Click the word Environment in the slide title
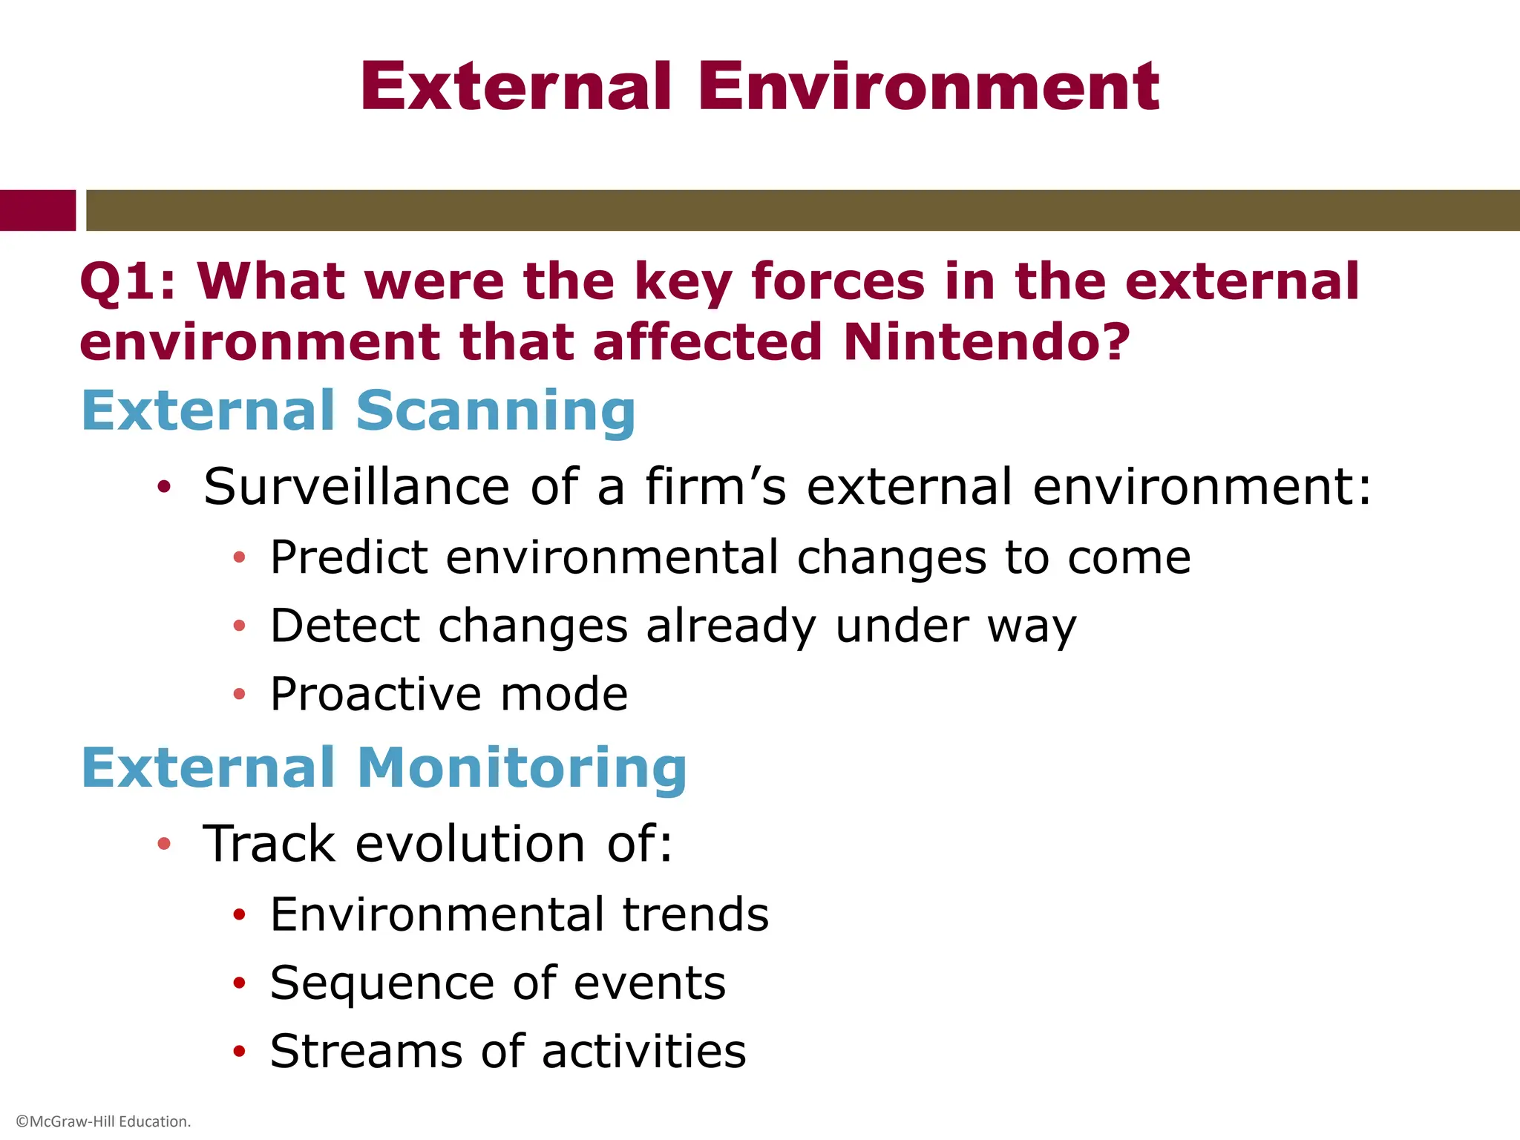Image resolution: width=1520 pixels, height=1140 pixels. coord(928,88)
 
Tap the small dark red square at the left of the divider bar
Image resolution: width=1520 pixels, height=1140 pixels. coord(37,210)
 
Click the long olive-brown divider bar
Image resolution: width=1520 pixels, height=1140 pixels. coord(802,210)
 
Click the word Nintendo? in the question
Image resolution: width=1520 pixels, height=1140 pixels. coord(986,342)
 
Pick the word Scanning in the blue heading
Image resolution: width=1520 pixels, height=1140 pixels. coord(496,411)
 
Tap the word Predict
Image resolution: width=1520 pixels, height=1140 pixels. coord(349,557)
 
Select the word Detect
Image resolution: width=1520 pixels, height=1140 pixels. coord(345,626)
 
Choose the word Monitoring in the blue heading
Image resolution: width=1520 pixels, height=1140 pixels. coord(522,768)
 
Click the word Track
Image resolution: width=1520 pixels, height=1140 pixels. coord(269,845)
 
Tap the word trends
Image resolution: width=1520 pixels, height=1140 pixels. coord(695,914)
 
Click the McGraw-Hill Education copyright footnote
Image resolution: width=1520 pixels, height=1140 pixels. coord(103,1121)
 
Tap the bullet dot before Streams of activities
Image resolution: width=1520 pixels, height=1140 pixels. coord(238,1051)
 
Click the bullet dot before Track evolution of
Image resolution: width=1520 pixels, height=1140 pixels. coord(164,844)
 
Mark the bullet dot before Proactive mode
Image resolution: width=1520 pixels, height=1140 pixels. coord(238,694)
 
